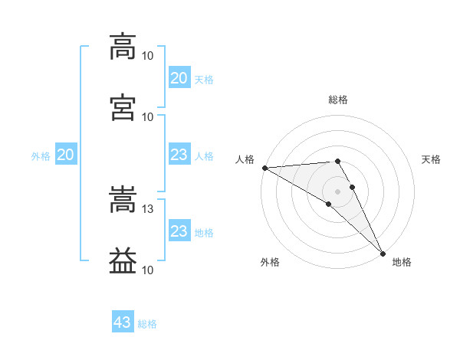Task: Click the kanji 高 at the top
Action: click(123, 47)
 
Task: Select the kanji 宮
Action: click(123, 107)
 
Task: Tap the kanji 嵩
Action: click(123, 199)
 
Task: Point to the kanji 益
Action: click(123, 260)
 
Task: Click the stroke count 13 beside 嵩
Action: click(147, 209)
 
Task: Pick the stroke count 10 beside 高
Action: click(147, 56)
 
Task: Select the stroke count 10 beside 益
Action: click(147, 270)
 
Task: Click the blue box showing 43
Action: click(123, 321)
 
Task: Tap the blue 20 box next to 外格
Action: click(66, 154)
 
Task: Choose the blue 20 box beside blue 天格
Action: click(179, 77)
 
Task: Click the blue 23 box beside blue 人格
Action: click(179, 154)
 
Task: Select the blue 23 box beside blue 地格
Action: click(179, 230)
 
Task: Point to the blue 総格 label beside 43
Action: click(147, 324)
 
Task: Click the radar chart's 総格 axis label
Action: click(338, 100)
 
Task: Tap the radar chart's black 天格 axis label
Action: click(431, 159)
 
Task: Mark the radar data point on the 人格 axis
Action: click(265, 168)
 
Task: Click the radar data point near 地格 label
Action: click(383, 254)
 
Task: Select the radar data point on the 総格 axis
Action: click(337, 161)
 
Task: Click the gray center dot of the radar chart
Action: click(337, 191)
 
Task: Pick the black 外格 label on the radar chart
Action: click(270, 262)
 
